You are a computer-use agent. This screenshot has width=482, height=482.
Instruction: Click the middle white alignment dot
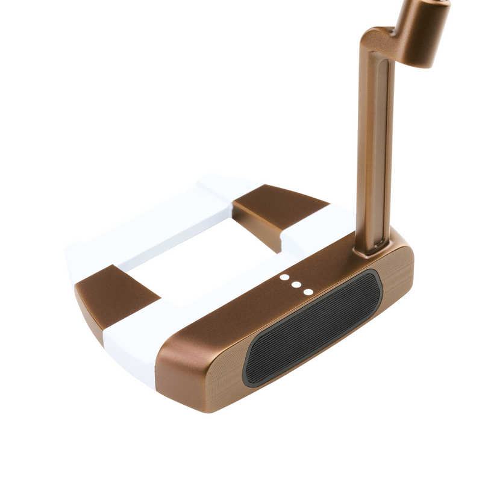tap(296, 285)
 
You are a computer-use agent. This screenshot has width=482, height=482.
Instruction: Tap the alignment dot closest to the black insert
tap(308, 292)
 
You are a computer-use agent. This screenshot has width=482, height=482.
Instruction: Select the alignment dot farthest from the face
tap(284, 278)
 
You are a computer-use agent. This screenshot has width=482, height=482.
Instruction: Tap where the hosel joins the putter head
tap(377, 241)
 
